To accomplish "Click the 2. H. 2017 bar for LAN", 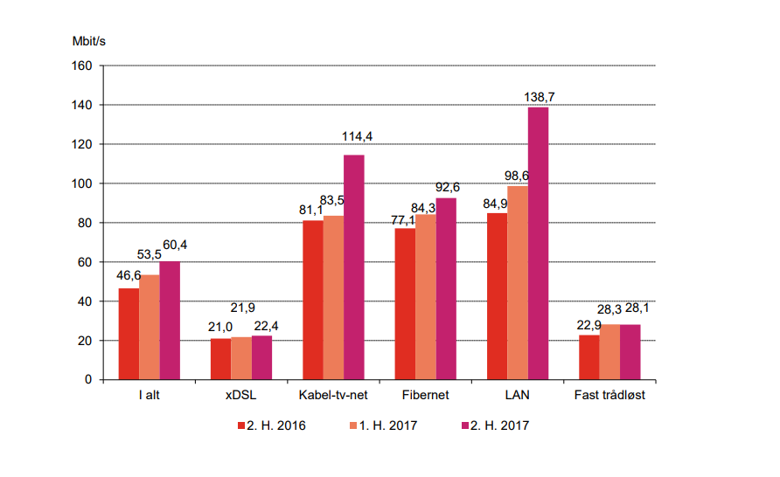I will pos(538,244).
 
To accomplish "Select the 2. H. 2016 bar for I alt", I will pos(129,334).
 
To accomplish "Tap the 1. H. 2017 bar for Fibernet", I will pos(426,297).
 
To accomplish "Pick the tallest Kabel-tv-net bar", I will pos(354,267).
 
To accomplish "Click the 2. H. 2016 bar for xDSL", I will pos(220,359).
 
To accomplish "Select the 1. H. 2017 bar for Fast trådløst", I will pos(609,352).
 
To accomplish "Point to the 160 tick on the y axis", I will pos(83,66).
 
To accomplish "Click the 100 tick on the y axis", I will pos(83,183).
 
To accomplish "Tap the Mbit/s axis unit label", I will pos(89,40).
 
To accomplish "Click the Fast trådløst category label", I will pos(609,395).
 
